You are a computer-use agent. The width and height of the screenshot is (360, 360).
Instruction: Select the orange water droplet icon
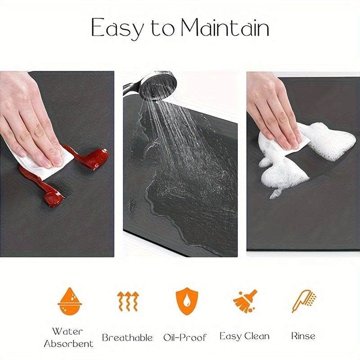coord(70,301)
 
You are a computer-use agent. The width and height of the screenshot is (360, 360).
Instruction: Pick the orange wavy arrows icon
coord(128,301)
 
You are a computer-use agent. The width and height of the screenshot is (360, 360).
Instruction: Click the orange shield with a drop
coord(187,301)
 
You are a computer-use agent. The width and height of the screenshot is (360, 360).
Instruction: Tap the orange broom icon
coord(245,301)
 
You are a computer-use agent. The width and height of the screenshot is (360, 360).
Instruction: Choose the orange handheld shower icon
coord(304,301)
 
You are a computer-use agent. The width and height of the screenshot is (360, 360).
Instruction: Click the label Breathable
coord(127,337)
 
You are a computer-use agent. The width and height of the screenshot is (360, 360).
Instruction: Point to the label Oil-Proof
coord(185,337)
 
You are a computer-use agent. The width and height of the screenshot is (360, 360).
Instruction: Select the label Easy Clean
coord(244,336)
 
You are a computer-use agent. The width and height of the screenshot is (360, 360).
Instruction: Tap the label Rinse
coord(303,336)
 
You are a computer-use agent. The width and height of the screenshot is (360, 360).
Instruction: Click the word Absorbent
coord(69,343)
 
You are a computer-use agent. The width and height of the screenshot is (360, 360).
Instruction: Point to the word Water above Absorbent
coord(67,331)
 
